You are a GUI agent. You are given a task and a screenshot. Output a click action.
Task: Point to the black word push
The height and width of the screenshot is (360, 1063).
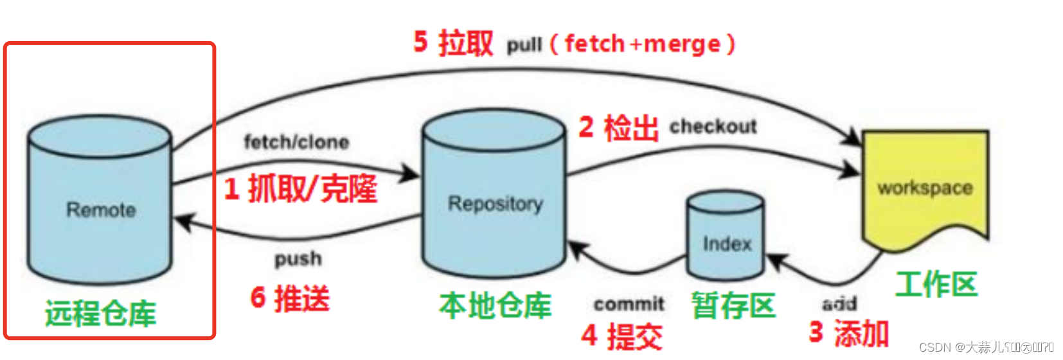[298, 258]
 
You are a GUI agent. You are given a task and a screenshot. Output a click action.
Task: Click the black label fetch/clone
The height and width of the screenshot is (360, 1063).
[296, 142]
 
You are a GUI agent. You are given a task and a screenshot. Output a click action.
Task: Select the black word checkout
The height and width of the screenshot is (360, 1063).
[713, 127]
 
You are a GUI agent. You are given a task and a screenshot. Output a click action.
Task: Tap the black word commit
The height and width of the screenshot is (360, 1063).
[629, 303]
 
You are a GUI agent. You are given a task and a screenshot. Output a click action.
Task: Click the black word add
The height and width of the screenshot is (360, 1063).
[839, 303]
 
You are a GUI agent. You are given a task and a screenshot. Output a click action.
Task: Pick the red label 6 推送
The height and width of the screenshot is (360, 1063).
[290, 298]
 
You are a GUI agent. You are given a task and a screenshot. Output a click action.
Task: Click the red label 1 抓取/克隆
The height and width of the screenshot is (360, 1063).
[300, 189]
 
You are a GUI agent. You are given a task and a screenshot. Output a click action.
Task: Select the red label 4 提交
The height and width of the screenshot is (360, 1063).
[621, 336]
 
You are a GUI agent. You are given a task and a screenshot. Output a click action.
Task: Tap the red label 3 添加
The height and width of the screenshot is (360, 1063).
[848, 333]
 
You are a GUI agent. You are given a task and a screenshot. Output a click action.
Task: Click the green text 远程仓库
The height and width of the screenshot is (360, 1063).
[101, 314]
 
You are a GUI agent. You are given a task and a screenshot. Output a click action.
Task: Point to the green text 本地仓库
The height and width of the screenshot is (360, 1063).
[495, 305]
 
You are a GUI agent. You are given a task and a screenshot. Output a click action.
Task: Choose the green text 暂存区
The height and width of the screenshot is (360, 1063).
[733, 305]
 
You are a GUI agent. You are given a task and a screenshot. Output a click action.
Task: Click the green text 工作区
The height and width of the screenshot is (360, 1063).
[936, 284]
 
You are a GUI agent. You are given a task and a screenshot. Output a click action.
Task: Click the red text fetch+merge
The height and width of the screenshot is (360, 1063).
[643, 44]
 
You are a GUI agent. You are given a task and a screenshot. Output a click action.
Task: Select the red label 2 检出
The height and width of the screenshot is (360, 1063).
[618, 127]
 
